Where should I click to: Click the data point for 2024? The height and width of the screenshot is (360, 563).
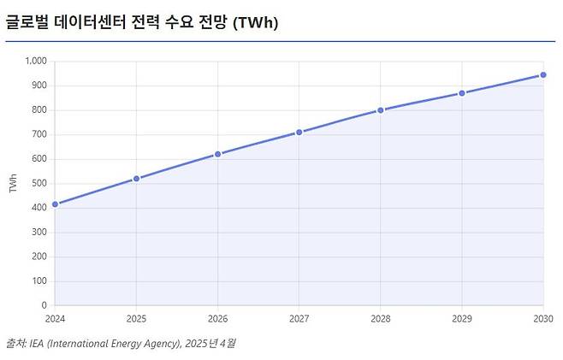click(x=55, y=204)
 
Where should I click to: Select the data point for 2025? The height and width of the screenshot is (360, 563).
click(x=136, y=179)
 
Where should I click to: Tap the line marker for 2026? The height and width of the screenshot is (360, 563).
click(x=217, y=154)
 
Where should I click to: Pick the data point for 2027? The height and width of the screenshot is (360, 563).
click(x=299, y=133)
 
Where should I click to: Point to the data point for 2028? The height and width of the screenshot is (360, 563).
click(x=380, y=110)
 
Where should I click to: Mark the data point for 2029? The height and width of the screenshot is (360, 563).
click(x=461, y=93)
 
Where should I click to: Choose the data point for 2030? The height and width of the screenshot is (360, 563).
click(x=542, y=75)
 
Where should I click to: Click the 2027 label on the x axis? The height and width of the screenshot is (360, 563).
click(x=299, y=318)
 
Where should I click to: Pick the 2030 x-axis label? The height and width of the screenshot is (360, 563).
click(x=542, y=318)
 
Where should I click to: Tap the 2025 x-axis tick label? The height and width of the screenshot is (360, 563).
click(x=136, y=318)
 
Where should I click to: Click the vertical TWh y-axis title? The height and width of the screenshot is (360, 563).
click(x=12, y=183)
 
